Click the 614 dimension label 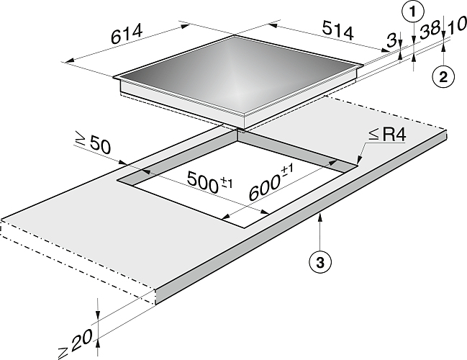[127, 33]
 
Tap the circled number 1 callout [413, 12]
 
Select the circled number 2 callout [443, 77]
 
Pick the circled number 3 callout [320, 263]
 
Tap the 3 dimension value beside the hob [391, 40]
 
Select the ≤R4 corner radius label [387, 135]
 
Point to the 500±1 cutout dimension [209, 182]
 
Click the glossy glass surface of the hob [238, 74]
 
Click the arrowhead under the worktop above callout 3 [320, 217]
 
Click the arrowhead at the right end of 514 [385, 50]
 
